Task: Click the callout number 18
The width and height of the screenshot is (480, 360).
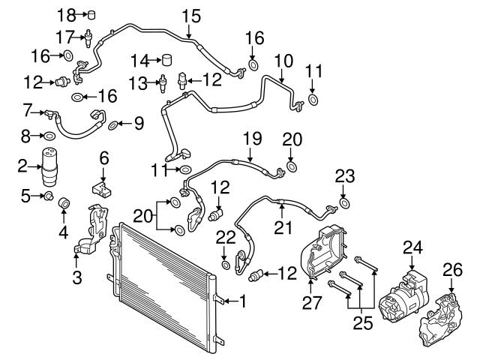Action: click(x=67, y=14)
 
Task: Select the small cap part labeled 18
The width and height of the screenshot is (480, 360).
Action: click(x=91, y=15)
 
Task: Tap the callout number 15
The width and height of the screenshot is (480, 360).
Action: click(x=191, y=16)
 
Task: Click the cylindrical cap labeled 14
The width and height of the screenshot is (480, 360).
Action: click(x=166, y=60)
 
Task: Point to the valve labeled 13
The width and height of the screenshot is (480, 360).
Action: click(x=163, y=83)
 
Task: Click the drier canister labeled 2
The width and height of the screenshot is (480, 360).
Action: click(x=49, y=166)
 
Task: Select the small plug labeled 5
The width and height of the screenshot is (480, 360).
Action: click(x=48, y=196)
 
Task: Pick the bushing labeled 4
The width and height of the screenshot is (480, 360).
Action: click(x=64, y=202)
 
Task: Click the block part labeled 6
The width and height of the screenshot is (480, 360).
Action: click(x=102, y=189)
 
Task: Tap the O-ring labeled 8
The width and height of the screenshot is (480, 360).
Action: click(x=49, y=136)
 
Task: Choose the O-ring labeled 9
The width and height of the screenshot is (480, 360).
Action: click(x=113, y=125)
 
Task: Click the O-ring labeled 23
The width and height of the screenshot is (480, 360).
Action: click(x=345, y=203)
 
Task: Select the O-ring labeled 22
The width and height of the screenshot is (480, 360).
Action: click(x=226, y=265)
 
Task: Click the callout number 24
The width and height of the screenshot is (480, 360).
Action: click(x=412, y=247)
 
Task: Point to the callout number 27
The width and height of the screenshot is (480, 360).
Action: click(x=312, y=303)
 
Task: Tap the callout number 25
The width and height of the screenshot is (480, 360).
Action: click(x=363, y=322)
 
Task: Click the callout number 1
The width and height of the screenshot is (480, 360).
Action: click(x=243, y=301)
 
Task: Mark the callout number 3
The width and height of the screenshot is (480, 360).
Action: click(x=76, y=278)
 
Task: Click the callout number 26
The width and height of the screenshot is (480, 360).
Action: click(x=453, y=270)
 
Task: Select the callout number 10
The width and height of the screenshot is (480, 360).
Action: click(x=283, y=61)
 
